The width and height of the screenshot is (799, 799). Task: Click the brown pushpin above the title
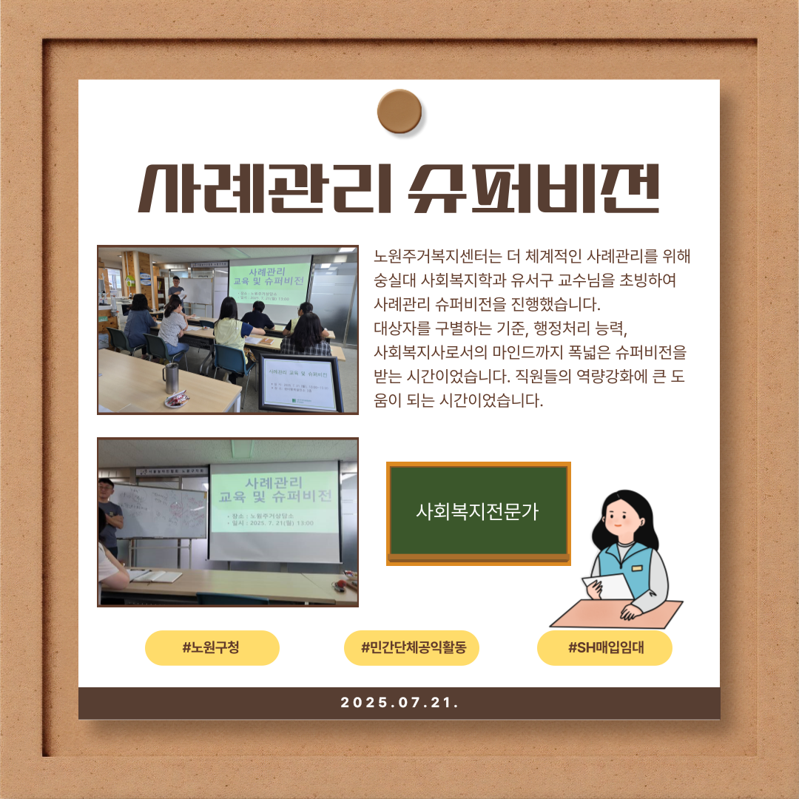[399, 111]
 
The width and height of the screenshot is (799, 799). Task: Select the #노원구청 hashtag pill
[212, 648]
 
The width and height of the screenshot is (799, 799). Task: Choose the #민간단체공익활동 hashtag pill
[411, 648]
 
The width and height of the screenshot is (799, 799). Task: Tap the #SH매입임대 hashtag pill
[604, 648]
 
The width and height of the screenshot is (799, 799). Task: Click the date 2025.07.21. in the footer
[399, 703]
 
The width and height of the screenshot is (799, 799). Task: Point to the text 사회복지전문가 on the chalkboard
[478, 511]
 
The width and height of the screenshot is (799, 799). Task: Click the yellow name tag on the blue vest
[637, 567]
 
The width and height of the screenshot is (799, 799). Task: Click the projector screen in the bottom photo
[274, 510]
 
